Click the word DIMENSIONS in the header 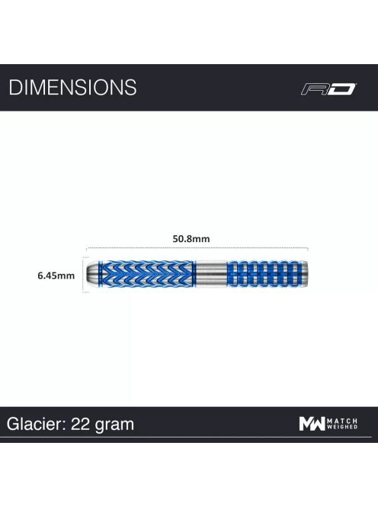(72, 87)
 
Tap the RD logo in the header (328, 89)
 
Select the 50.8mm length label (191, 239)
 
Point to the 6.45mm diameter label (56, 276)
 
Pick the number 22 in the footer (80, 424)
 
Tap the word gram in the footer (114, 426)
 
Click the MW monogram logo (312, 424)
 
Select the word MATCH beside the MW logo (342, 421)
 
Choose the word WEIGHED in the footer (342, 427)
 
